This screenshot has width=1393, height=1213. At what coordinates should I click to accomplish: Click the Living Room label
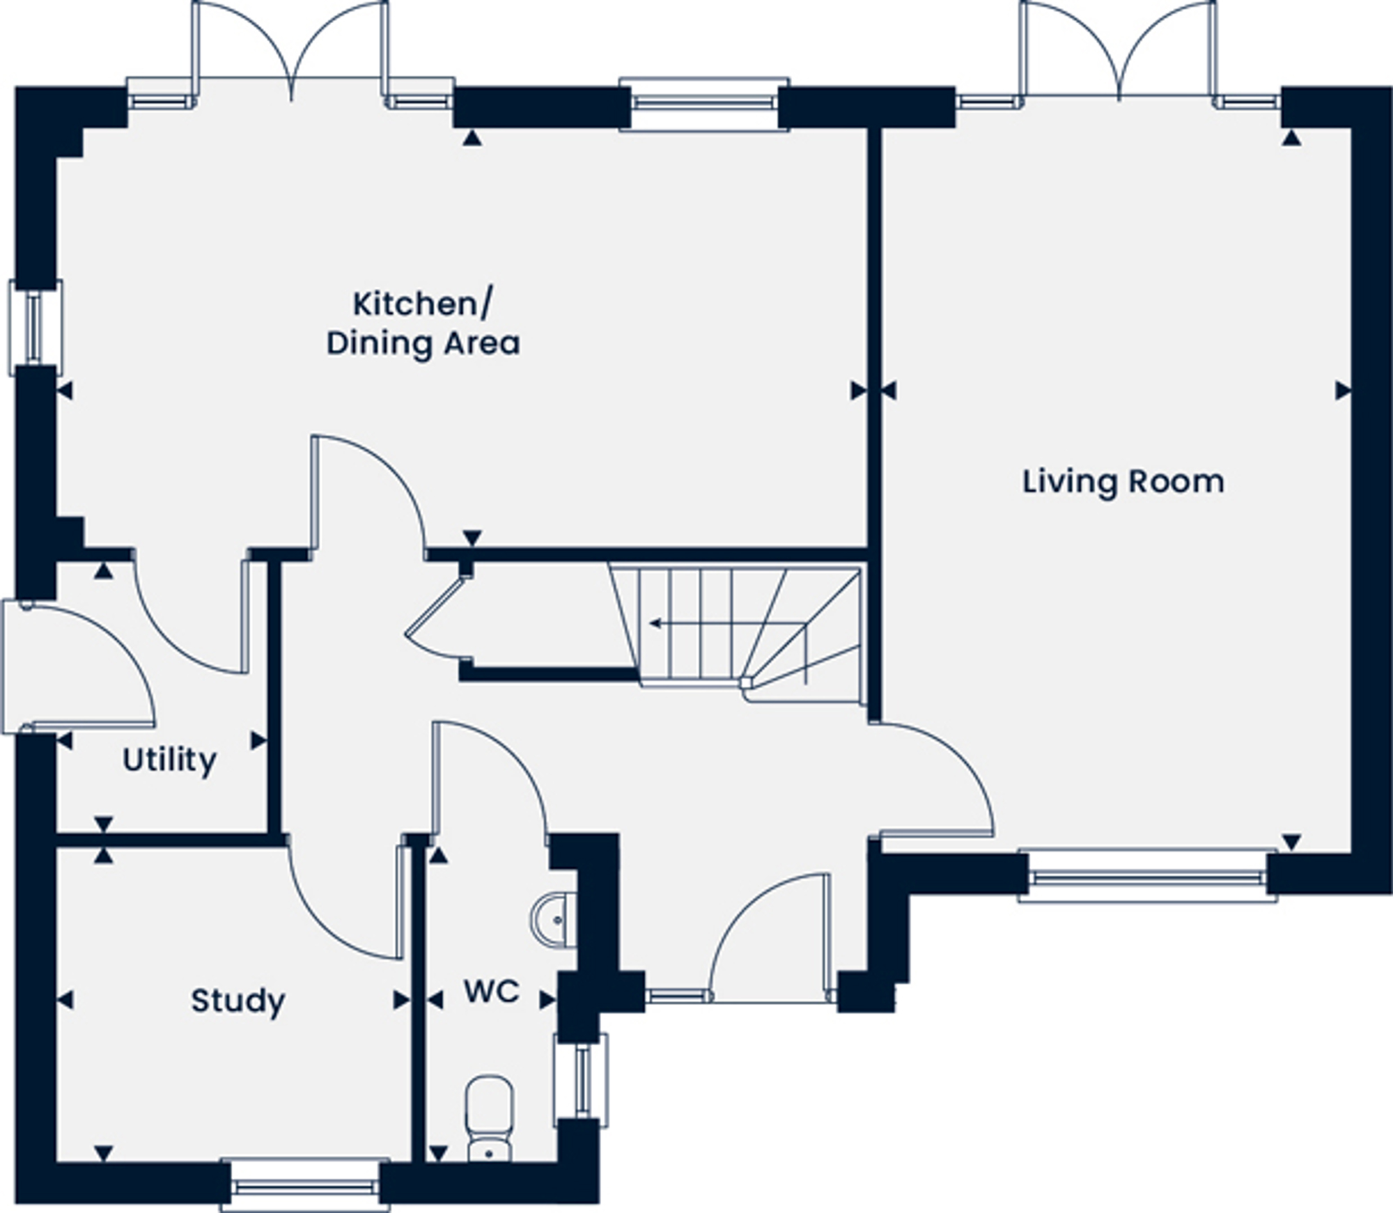[1123, 483]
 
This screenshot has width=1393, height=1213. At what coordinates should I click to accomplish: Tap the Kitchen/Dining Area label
[423, 324]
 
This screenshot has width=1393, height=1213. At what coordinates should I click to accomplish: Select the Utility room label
[169, 760]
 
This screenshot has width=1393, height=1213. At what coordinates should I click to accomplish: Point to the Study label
[238, 1002]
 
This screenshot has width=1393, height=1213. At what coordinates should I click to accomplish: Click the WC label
[492, 992]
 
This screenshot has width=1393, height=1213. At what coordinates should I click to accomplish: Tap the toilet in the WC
[489, 1119]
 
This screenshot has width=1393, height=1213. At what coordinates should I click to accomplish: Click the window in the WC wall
[582, 1081]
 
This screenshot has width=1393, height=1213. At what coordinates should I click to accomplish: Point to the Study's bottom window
[305, 1185]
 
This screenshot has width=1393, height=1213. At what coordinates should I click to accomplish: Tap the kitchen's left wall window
[35, 327]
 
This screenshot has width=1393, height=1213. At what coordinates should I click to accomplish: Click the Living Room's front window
[1147, 876]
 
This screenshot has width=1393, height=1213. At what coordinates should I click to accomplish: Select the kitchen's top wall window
[704, 104]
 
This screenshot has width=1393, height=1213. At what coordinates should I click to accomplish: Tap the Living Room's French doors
[1118, 52]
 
